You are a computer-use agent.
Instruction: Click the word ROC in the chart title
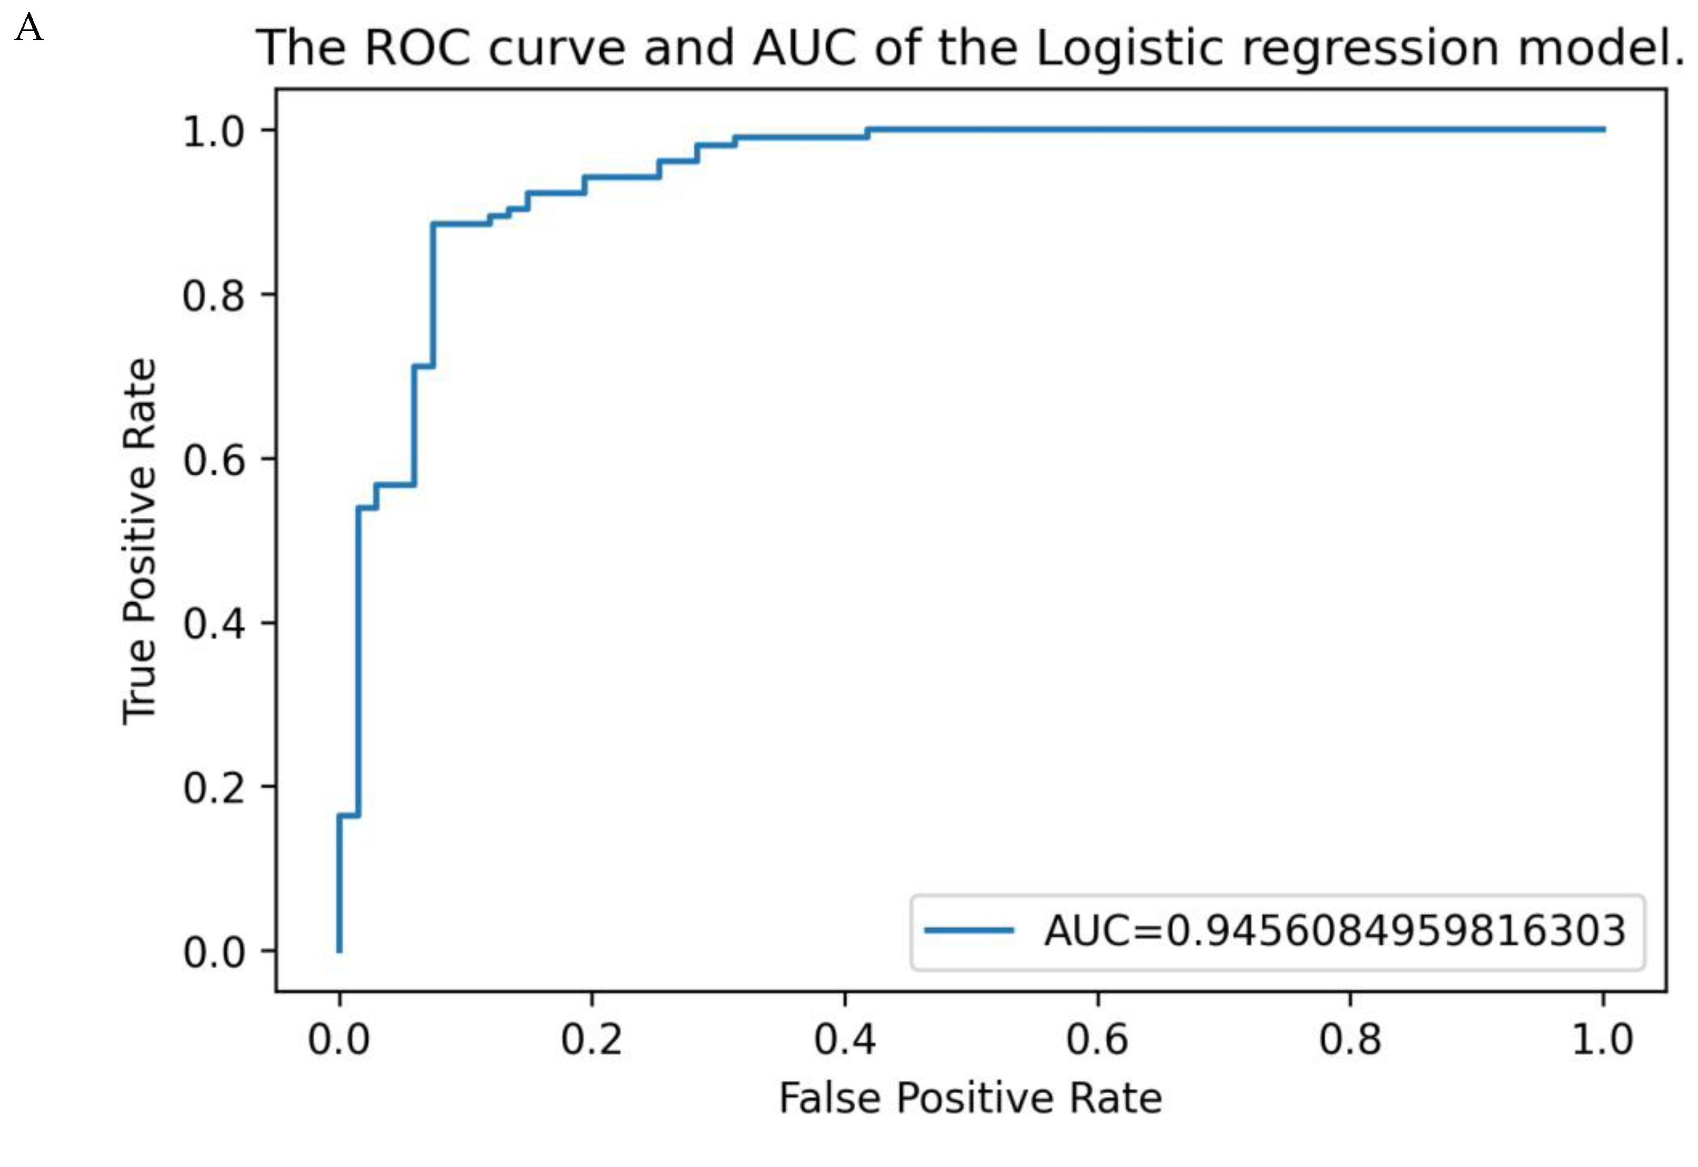416,48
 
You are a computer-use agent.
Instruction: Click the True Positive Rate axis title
139,541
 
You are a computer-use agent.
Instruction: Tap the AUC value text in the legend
1335,931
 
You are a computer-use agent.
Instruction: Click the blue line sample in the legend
969,931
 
